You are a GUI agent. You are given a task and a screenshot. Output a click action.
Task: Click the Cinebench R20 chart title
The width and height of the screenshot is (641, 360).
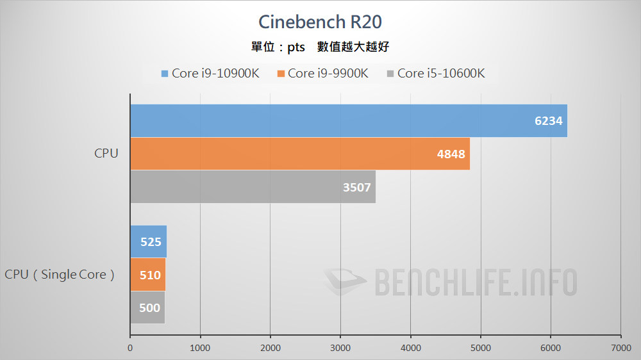320,22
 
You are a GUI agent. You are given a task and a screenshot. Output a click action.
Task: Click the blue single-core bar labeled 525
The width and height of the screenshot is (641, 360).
148,241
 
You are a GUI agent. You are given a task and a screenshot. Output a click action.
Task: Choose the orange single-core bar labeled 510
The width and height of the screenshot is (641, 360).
148,275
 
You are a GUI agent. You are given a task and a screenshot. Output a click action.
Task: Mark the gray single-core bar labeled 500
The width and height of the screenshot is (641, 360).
147,307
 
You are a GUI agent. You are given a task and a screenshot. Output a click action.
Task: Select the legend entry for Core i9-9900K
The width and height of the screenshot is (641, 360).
322,73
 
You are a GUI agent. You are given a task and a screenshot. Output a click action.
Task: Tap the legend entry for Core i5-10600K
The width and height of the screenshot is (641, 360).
435,73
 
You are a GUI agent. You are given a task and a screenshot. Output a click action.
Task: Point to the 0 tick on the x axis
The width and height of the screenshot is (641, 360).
130,348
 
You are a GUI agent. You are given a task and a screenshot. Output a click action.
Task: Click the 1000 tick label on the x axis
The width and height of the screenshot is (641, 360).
200,348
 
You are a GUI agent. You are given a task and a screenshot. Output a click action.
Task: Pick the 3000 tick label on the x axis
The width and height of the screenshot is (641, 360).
340,348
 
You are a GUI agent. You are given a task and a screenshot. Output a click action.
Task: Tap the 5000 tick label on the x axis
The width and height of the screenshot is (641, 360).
481,348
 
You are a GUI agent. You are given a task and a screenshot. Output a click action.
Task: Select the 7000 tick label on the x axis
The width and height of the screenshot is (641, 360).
620,348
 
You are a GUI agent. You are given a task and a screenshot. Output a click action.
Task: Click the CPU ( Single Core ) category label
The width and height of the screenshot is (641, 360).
60,275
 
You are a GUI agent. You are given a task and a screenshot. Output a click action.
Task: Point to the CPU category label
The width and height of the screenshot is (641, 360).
106,154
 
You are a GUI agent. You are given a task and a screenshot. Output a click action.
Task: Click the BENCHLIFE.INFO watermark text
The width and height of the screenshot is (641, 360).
474,282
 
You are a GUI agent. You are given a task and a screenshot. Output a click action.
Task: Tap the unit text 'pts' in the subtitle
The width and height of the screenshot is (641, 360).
296,47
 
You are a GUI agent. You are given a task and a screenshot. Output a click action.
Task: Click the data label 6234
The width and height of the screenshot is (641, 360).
549,121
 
